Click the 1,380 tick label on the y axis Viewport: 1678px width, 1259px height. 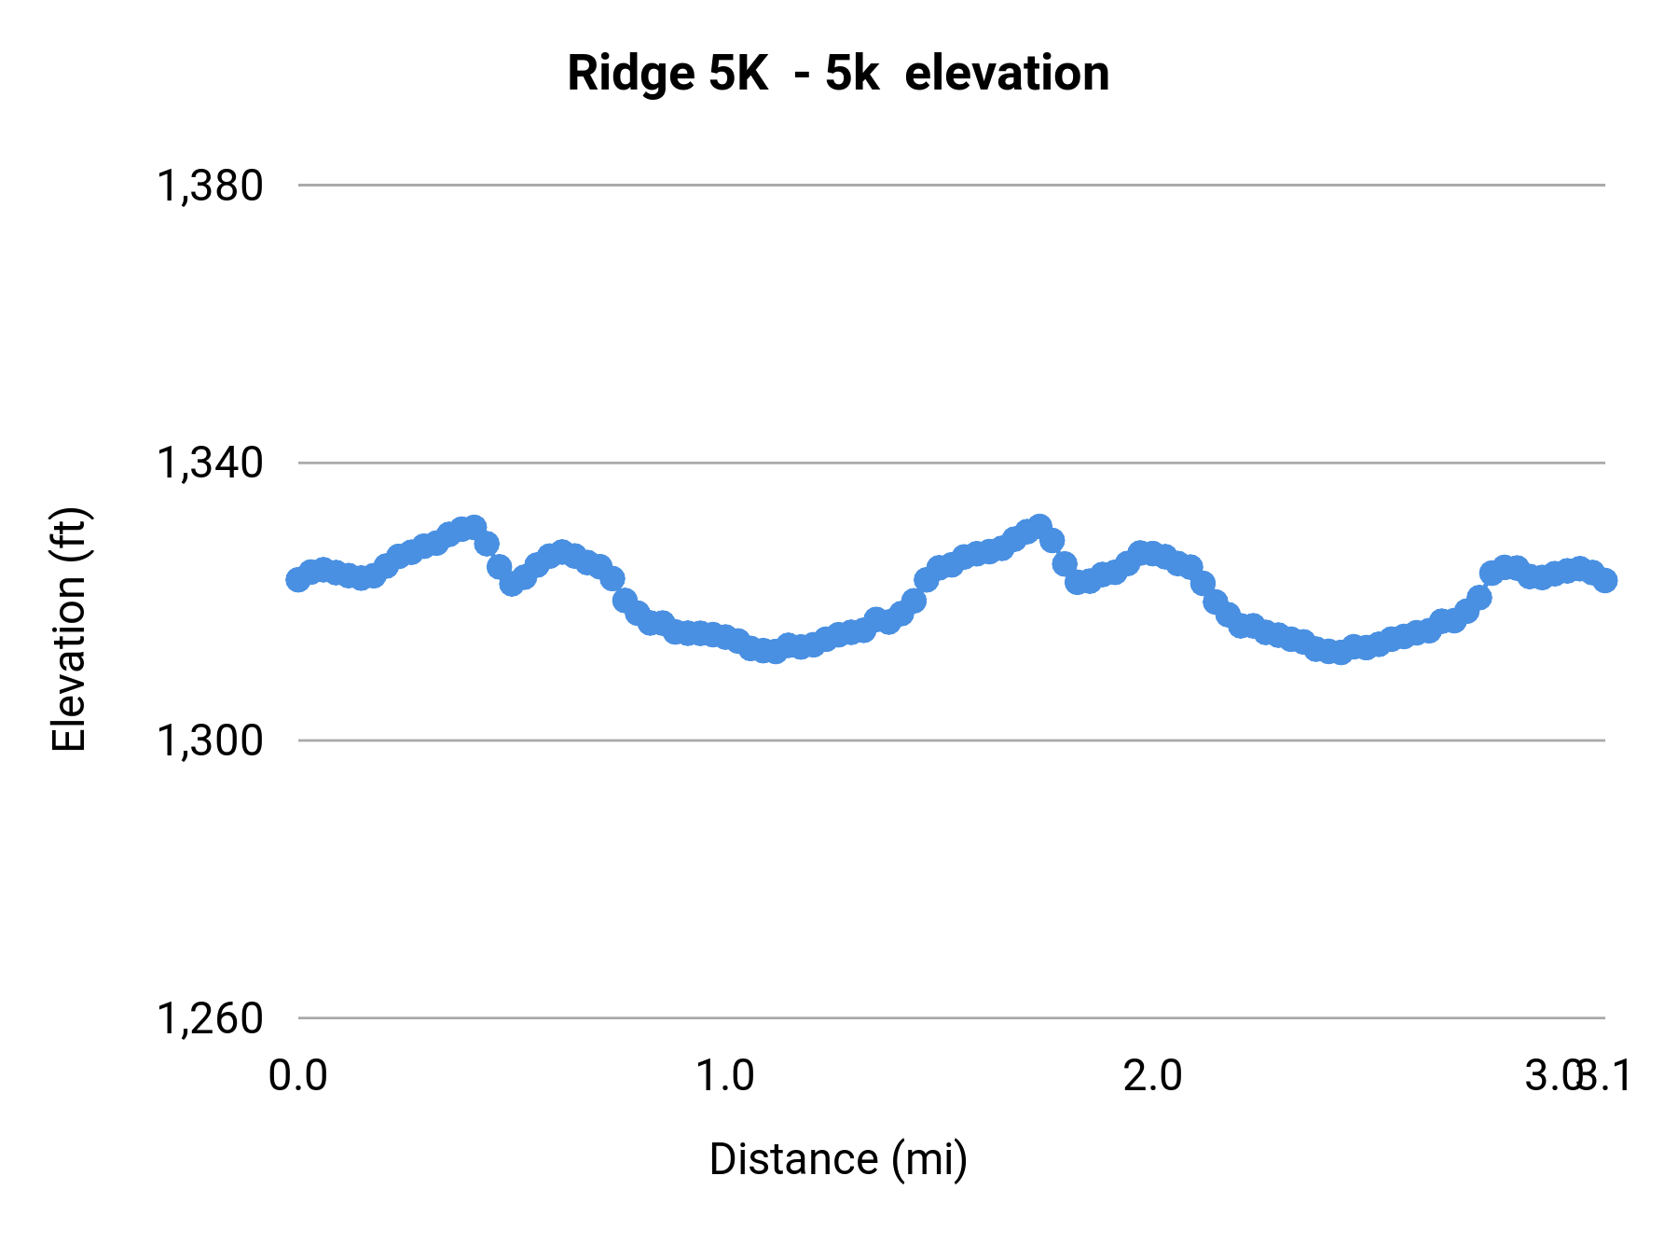pyautogui.click(x=210, y=186)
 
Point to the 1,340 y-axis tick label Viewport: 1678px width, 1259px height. pyautogui.click(x=210, y=463)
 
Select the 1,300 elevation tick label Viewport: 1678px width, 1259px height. pyautogui.click(x=210, y=740)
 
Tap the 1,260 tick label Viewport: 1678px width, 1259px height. pyautogui.click(x=210, y=1018)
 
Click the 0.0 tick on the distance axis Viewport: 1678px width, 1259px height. pyautogui.click(x=297, y=1076)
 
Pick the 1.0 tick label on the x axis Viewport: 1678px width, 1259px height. pyautogui.click(x=725, y=1076)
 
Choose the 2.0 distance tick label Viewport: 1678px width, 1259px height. pyautogui.click(x=1152, y=1076)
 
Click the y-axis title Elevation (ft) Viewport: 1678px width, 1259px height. pyautogui.click(x=69, y=629)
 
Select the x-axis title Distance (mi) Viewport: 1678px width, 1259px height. pyautogui.click(x=838, y=1159)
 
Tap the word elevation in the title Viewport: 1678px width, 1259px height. pyautogui.click(x=1007, y=74)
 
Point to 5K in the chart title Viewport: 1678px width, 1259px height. pyautogui.click(x=738, y=74)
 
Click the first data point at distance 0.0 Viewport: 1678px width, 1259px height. pyautogui.click(x=297, y=580)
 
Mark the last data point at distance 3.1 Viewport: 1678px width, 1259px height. pyautogui.click(x=1605, y=580)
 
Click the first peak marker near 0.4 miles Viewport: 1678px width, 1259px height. pyautogui.click(x=475, y=527)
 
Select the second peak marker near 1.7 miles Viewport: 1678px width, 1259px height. pyautogui.click(x=1040, y=526)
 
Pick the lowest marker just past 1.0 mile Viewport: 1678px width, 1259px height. pyautogui.click(x=775, y=652)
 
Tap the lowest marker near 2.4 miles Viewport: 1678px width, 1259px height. pyautogui.click(x=1341, y=653)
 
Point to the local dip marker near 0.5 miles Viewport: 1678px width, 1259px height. pyautogui.click(x=511, y=584)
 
